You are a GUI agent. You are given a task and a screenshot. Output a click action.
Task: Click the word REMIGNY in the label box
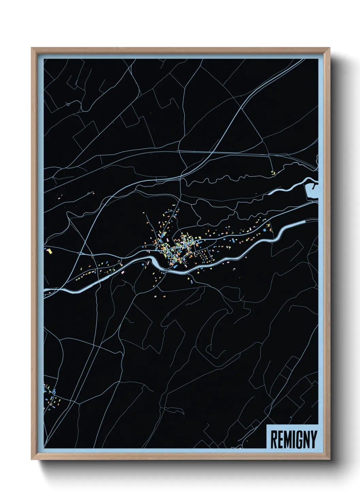coord(293,439)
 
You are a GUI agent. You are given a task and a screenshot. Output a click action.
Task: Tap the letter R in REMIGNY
coord(274,439)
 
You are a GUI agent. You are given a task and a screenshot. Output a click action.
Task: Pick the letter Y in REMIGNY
coord(313,439)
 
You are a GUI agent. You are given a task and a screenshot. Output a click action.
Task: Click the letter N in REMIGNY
coord(305,439)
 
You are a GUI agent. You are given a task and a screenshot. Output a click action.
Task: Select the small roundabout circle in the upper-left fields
coord(68,104)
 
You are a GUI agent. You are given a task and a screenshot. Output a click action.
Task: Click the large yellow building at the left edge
coord(50,252)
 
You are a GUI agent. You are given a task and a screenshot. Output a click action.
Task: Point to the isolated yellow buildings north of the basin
coord(273,173)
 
